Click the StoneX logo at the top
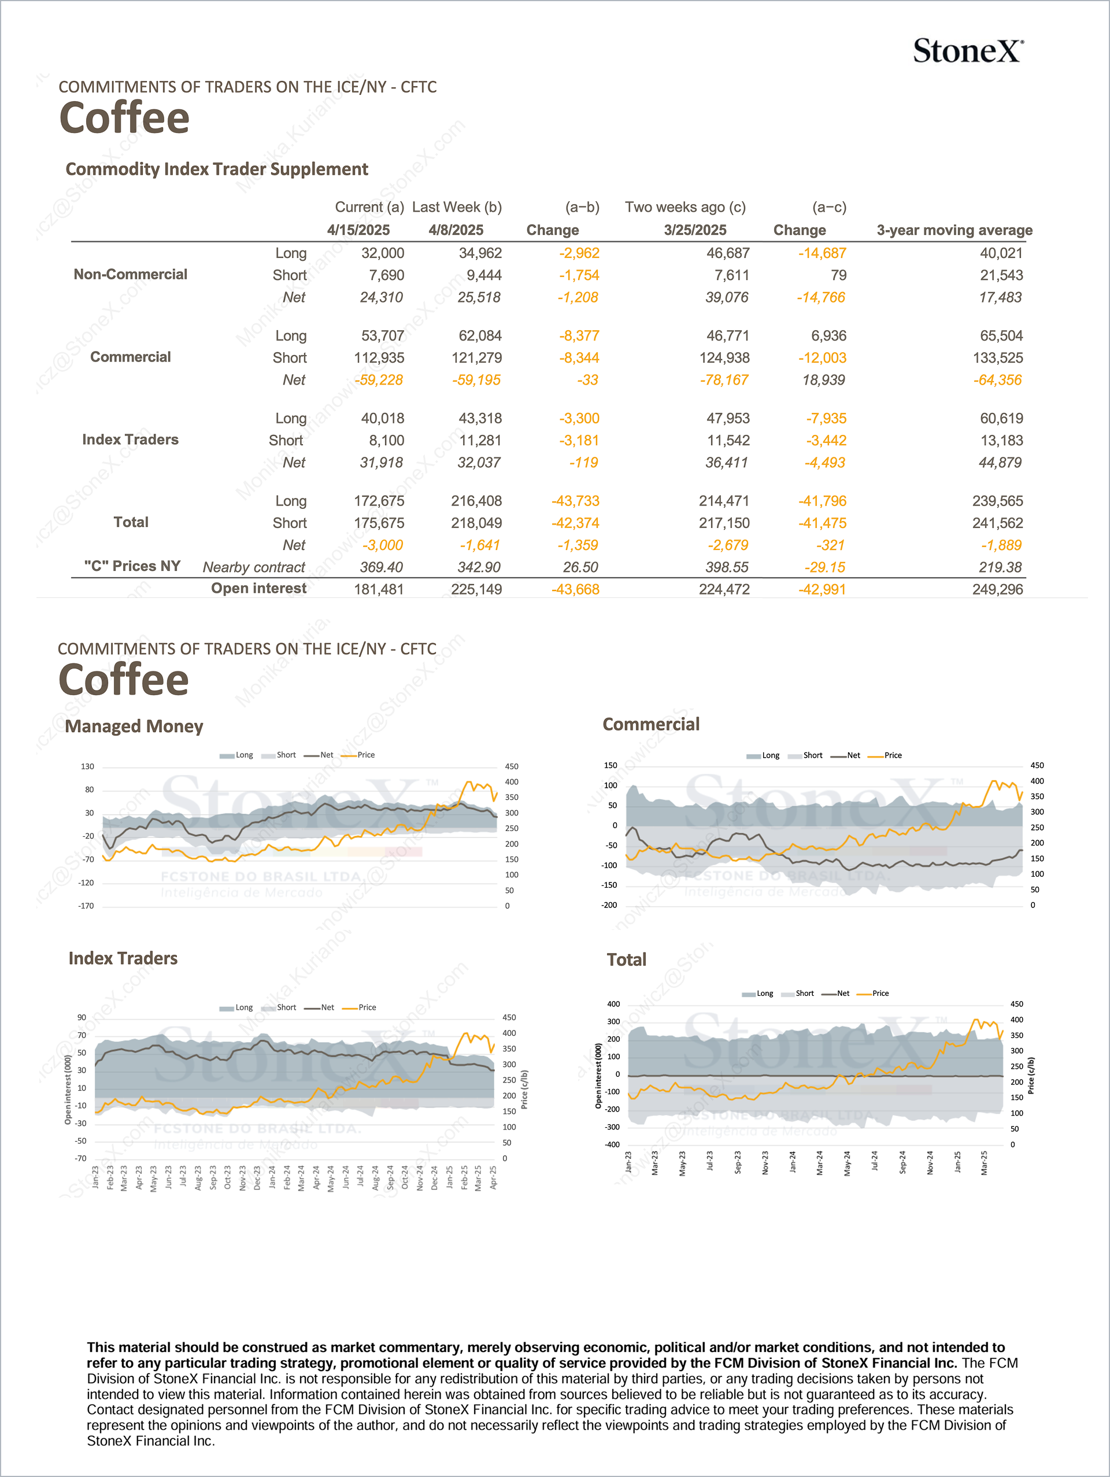[x=967, y=51]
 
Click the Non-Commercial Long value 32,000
[x=383, y=253]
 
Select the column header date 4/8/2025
[x=456, y=230]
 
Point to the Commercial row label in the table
[x=130, y=357]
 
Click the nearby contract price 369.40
[x=381, y=567]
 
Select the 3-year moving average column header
[x=954, y=230]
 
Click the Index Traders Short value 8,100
[x=386, y=441]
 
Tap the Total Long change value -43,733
[x=575, y=501]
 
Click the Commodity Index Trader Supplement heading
[x=216, y=169]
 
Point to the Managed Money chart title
[x=134, y=726]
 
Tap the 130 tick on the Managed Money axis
[x=87, y=766]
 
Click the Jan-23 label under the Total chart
[x=628, y=1162]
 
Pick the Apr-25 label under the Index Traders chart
[x=493, y=1177]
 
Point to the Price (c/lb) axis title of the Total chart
[x=1031, y=1076]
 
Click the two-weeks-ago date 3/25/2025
[x=695, y=230]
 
